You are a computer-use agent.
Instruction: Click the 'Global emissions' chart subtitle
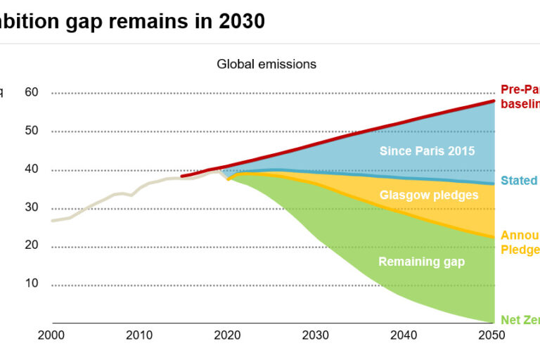pos(266,64)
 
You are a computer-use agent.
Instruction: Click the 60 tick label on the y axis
pos(32,92)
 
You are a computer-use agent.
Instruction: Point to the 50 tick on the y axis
pos(32,131)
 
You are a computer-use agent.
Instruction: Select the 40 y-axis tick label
pos(32,169)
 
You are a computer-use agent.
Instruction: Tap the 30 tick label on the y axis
pos(32,208)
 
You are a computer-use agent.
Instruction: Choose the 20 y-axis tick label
pos(32,246)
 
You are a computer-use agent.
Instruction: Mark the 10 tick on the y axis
pos(32,285)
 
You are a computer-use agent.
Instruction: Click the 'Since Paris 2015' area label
pos(427,150)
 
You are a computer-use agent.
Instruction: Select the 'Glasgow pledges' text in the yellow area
pos(429,195)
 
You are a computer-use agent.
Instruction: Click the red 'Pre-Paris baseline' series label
pos(520,96)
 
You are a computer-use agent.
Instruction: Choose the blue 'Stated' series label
pos(520,181)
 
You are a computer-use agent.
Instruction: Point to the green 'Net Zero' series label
pos(520,320)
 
